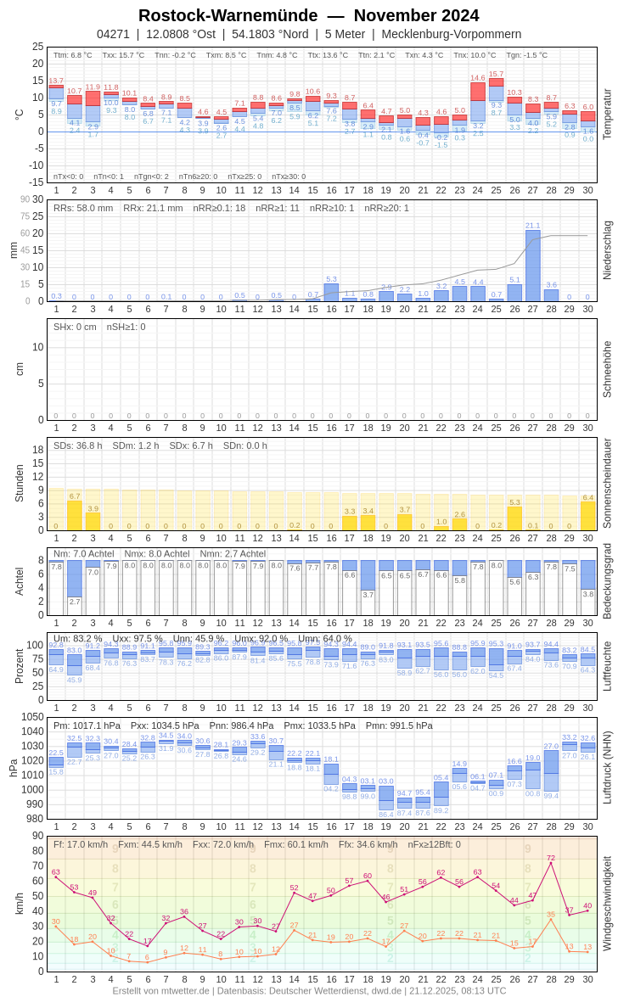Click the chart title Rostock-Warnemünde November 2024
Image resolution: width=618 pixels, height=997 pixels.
click(x=308, y=15)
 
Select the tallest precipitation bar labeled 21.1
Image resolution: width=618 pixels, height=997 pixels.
click(x=533, y=266)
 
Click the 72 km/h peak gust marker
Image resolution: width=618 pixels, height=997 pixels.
click(x=551, y=864)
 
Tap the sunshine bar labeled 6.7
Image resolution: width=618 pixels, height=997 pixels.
click(x=75, y=515)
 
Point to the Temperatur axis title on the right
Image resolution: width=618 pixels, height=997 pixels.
click(x=606, y=115)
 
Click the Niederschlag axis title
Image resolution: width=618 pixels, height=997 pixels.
click(x=606, y=250)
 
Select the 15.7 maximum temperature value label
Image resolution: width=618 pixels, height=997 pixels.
click(x=496, y=74)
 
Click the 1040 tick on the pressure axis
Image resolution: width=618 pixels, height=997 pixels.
click(x=32, y=731)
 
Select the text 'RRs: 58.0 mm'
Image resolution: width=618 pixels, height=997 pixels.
click(x=83, y=208)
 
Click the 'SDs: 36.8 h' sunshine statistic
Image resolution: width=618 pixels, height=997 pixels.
click(x=78, y=445)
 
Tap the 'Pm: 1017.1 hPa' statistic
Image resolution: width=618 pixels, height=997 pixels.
click(x=87, y=725)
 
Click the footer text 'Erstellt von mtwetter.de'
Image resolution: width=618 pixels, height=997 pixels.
click(x=161, y=990)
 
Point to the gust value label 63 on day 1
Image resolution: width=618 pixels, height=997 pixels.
click(x=56, y=871)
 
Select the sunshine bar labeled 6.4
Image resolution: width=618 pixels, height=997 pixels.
click(x=587, y=516)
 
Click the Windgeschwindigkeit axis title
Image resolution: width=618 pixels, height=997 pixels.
click(x=606, y=904)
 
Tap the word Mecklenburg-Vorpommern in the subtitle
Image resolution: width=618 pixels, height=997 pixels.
click(x=452, y=34)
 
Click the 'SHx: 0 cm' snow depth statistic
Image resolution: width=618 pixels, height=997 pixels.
click(x=75, y=327)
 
